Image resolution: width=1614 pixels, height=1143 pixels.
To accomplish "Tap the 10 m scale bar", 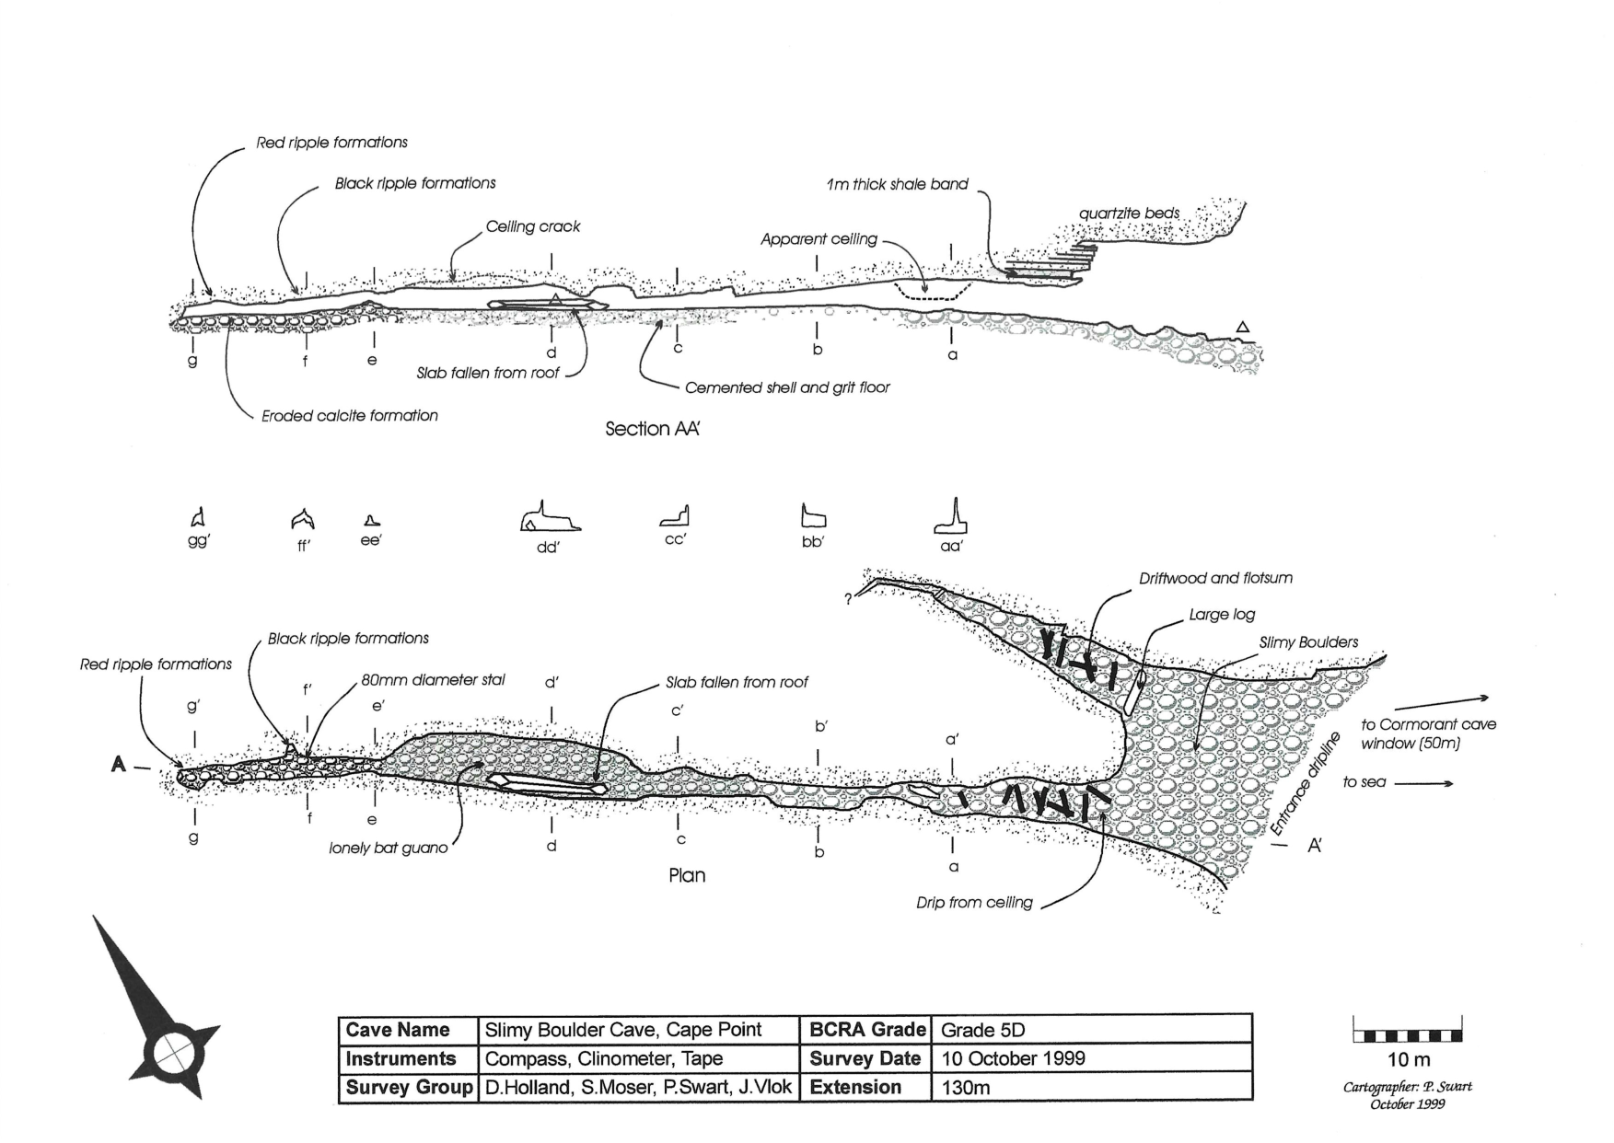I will pyautogui.click(x=1408, y=1035).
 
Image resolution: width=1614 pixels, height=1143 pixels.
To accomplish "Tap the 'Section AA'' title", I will pyautogui.click(x=652, y=429).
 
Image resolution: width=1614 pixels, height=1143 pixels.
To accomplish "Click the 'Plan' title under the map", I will pyautogui.click(x=687, y=875).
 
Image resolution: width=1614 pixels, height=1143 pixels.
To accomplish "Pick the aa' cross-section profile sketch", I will pyautogui.click(x=952, y=519).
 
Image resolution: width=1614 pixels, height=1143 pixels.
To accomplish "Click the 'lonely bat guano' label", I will pyautogui.click(x=388, y=848).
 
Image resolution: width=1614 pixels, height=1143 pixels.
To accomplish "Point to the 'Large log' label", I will pyautogui.click(x=1222, y=615).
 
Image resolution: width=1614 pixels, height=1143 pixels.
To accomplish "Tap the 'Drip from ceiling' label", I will pyautogui.click(x=974, y=903).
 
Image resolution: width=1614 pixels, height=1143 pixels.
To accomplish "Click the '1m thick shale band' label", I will pyautogui.click(x=898, y=184).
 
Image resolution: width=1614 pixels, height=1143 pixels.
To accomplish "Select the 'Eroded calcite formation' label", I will pyautogui.click(x=349, y=416).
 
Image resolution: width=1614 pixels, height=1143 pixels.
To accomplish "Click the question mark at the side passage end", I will pyautogui.click(x=848, y=599).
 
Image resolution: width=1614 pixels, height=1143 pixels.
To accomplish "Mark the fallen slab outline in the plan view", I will pyautogui.click(x=547, y=784).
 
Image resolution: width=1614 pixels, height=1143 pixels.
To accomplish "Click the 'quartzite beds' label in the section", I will pyautogui.click(x=1129, y=214).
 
